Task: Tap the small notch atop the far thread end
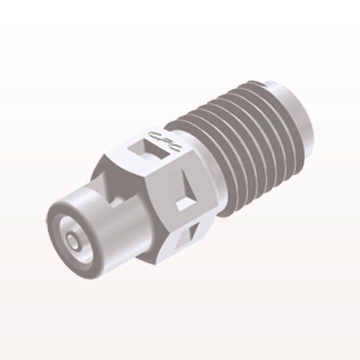(x=265, y=84)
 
